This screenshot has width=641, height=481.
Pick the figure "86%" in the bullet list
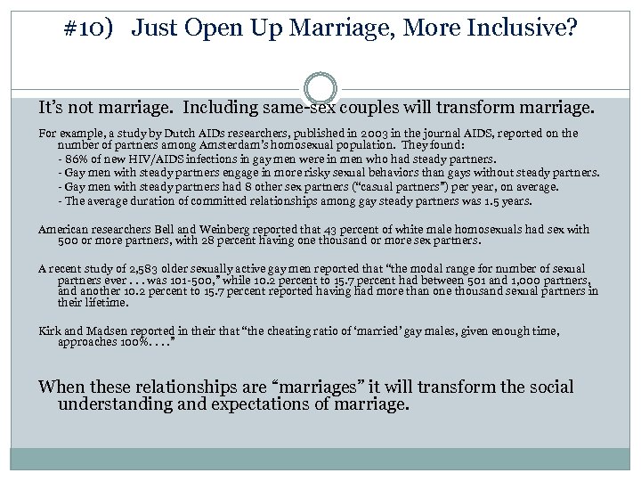coord(73,159)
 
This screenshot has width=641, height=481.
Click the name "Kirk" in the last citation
coord(50,330)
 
